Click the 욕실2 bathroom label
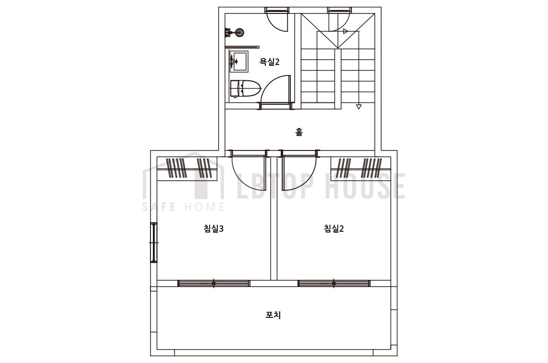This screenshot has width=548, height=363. click(x=269, y=62)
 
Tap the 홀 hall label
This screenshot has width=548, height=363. click(x=299, y=132)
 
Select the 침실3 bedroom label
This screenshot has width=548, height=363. click(x=213, y=229)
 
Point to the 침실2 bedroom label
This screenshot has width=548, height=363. click(x=334, y=229)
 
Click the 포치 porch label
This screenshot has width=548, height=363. click(x=274, y=315)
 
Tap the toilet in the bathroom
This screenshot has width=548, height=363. click(x=245, y=88)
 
